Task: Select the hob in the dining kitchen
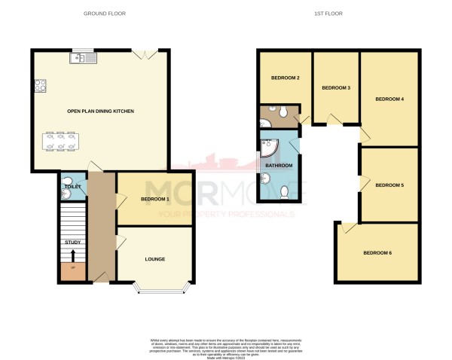39,87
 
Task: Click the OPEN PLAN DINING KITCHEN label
100,111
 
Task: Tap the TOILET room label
72,185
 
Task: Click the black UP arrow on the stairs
73,256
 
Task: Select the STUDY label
73,242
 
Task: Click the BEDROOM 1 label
154,199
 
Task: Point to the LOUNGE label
155,259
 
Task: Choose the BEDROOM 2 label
286,78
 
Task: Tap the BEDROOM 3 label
336,88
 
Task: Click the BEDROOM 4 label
389,99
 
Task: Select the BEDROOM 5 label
389,185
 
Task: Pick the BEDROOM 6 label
377,252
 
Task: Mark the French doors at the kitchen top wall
140,53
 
